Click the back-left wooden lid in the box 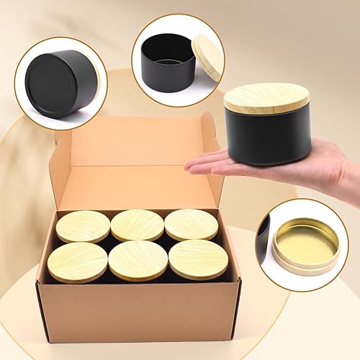pyautogui.click(x=84, y=226)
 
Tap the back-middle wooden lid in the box pyautogui.click(x=137, y=225)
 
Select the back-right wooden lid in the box pyautogui.click(x=191, y=224)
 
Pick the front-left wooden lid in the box pyautogui.click(x=78, y=261)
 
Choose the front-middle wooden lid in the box pyautogui.click(x=138, y=259)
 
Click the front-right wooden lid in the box pyautogui.click(x=198, y=259)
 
